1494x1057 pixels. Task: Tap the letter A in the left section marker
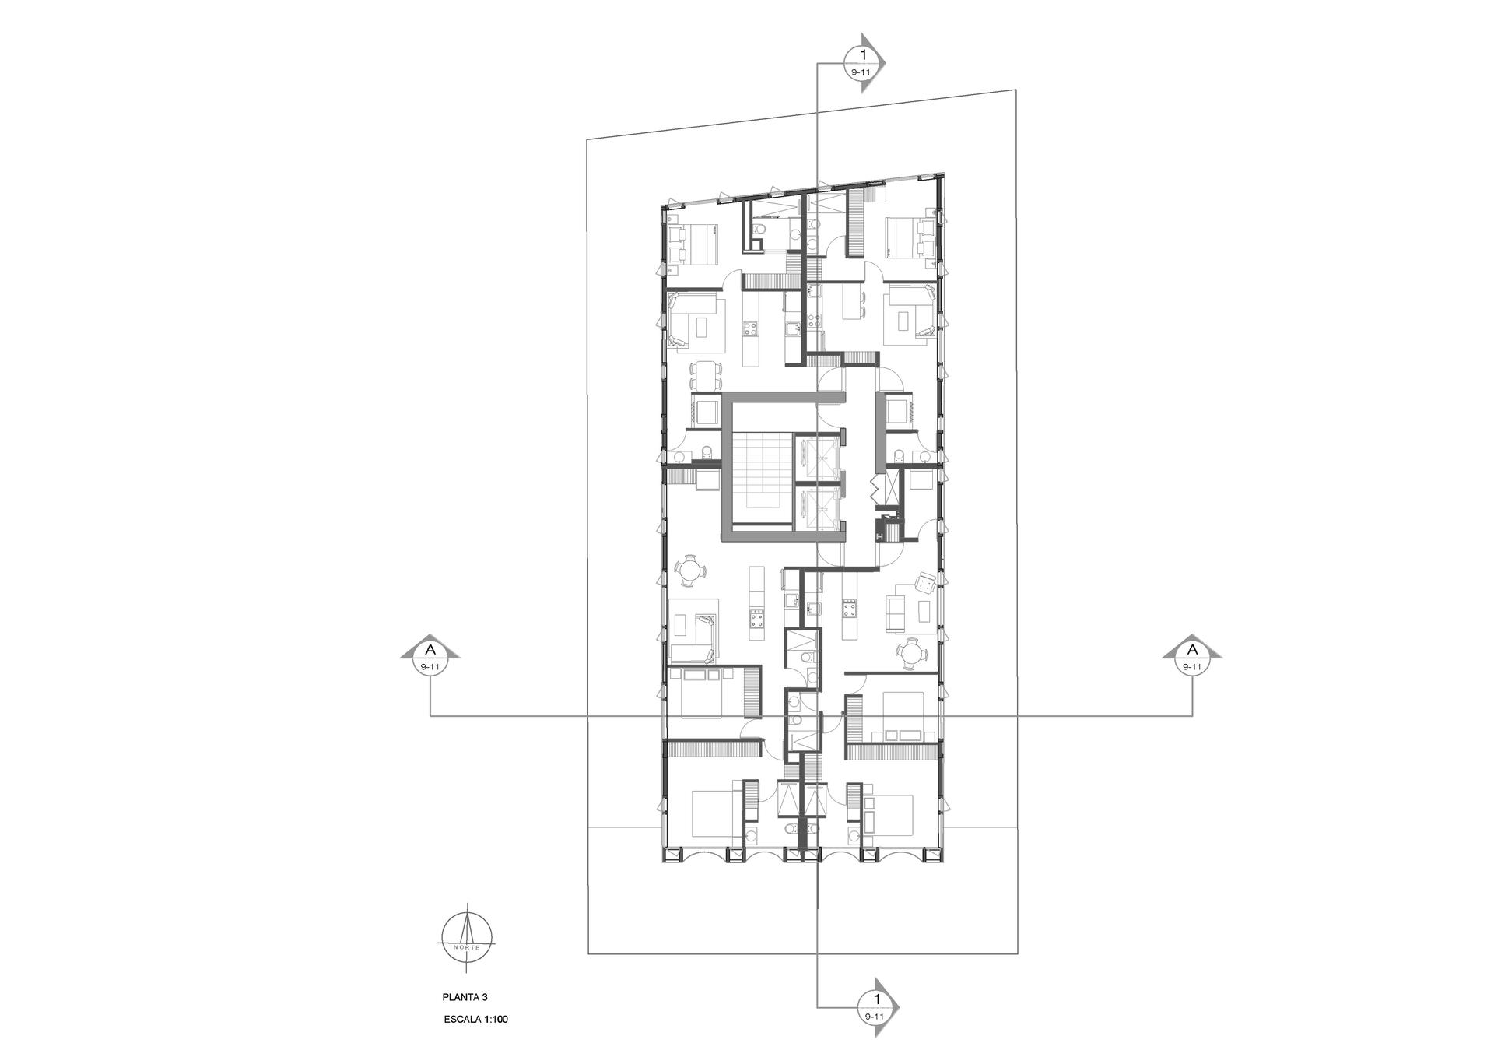430,649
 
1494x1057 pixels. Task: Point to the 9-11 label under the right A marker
1191,667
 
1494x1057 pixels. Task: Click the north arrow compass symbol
467,938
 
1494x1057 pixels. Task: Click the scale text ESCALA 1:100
475,1020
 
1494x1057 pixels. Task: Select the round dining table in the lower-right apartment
910,654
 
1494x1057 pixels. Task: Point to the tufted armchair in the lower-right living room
927,583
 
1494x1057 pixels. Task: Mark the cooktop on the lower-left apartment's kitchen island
211,620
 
